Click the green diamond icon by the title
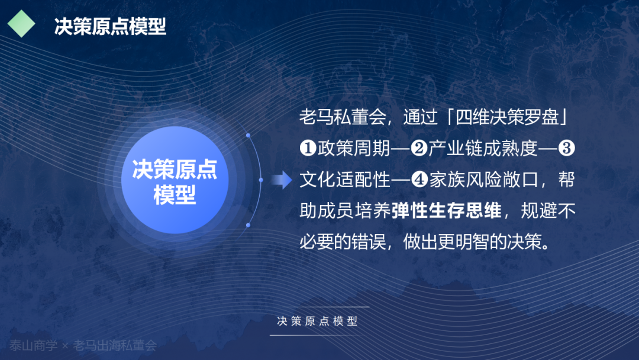point(21,24)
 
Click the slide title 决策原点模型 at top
point(110,27)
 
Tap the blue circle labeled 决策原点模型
point(175,180)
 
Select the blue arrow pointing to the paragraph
point(282,180)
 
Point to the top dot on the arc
point(248,135)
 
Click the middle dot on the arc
point(261,180)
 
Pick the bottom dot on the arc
point(248,225)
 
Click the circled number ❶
point(308,149)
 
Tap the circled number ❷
point(419,149)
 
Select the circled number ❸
point(566,149)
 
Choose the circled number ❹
point(419,179)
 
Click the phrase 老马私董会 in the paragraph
point(343,117)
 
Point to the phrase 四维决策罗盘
point(507,117)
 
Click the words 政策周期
point(354,149)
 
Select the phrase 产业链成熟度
point(483,149)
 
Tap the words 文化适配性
point(345,179)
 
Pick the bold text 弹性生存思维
point(447,211)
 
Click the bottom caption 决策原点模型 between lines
point(318,322)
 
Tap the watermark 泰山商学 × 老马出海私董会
point(83,346)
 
